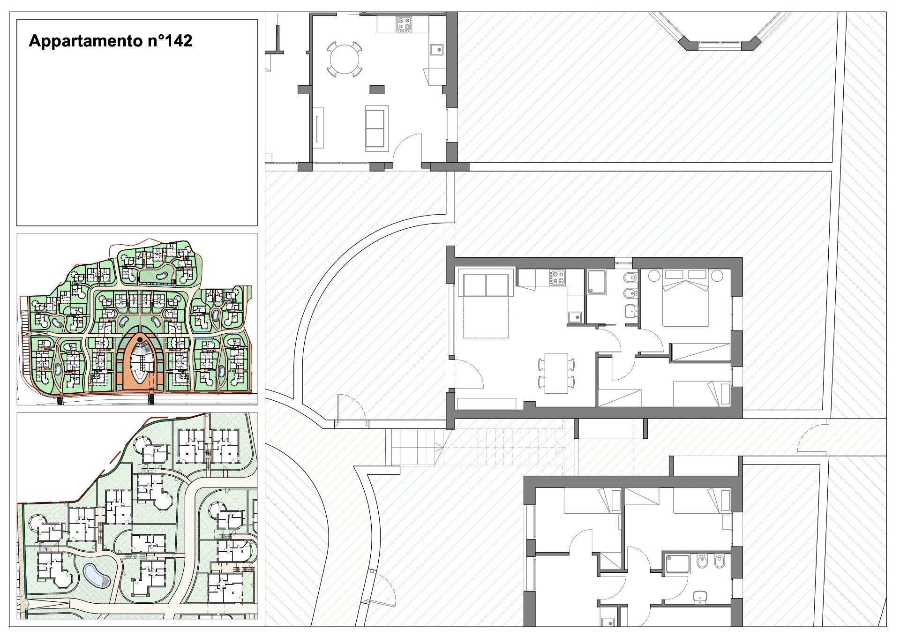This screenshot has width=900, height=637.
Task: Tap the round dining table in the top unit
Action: [x=345, y=60]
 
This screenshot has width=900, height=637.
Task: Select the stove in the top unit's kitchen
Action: [x=404, y=24]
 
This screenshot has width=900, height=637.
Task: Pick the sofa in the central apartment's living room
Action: [x=486, y=285]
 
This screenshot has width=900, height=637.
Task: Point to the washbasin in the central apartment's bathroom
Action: [x=631, y=310]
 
